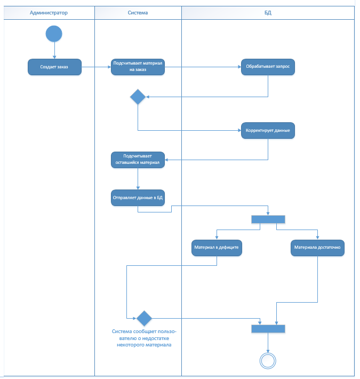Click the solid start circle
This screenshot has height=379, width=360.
(x=54, y=34)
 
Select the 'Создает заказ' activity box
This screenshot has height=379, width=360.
(x=54, y=67)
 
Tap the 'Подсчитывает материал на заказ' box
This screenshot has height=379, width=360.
(x=138, y=67)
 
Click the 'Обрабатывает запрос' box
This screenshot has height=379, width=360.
(x=268, y=67)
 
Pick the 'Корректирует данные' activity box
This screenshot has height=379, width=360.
(x=268, y=131)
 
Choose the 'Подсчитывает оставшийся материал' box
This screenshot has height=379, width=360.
(x=138, y=160)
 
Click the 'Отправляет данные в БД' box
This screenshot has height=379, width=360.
(x=138, y=198)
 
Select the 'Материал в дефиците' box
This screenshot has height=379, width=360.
(x=217, y=248)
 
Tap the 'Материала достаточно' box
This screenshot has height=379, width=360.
(x=317, y=248)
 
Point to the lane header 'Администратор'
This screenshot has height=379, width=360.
(x=49, y=13)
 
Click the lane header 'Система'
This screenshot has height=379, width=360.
(x=138, y=13)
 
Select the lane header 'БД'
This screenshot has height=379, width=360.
(x=268, y=13)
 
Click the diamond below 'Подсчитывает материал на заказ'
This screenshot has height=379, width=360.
(x=138, y=97)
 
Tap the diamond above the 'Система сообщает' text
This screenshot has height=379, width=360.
(x=144, y=318)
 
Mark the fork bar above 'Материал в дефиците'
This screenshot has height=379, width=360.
(x=268, y=219)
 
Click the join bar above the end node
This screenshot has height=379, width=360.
(x=268, y=329)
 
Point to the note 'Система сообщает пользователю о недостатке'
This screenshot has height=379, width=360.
(x=144, y=338)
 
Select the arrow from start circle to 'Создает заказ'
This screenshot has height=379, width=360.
(x=54, y=50)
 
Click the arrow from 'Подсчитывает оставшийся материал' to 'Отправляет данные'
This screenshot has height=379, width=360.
(x=138, y=179)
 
